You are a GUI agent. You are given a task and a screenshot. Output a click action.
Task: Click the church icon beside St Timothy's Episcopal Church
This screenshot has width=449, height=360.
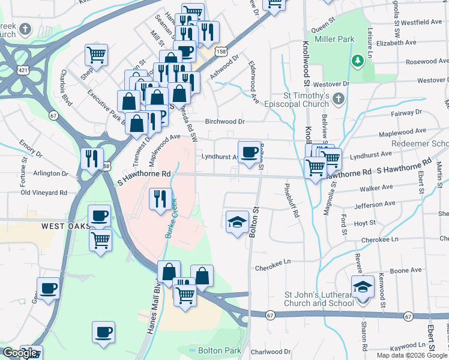click(x=339, y=98)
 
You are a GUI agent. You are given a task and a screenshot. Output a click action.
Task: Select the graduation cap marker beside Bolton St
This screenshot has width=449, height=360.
click(x=237, y=222)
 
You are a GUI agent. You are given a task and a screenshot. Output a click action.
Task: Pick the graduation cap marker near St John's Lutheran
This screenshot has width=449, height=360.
click(x=363, y=287)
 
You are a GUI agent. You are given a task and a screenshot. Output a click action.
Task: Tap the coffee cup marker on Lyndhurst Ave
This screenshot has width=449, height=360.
click(x=249, y=151)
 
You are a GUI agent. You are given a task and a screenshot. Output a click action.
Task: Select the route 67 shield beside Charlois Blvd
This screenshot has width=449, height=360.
click(x=53, y=115)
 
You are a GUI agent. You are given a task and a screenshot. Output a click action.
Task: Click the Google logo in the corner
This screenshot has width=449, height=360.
click(x=20, y=353)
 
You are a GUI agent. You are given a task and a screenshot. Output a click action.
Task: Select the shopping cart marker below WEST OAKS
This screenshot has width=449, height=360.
click(x=100, y=239)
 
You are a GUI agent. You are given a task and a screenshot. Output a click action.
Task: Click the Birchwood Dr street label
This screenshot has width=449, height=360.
click(x=225, y=121)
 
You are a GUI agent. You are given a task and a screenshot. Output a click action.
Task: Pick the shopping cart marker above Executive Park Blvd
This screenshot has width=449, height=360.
click(x=96, y=55)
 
